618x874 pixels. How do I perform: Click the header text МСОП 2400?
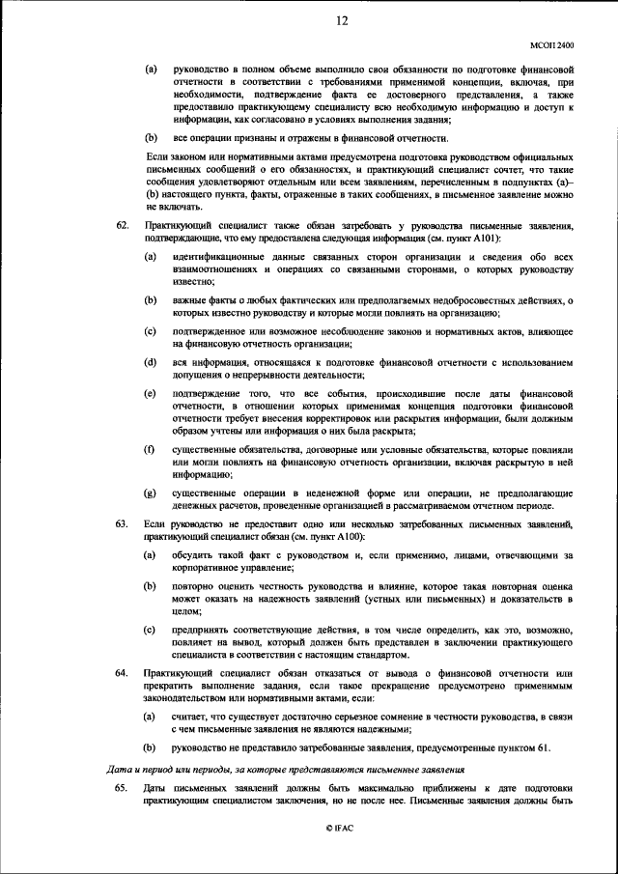[552, 44]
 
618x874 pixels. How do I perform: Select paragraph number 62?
[122, 226]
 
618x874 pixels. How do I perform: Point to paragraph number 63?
[122, 523]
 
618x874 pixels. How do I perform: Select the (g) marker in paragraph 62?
[150, 493]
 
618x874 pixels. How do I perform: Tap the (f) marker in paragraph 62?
[150, 450]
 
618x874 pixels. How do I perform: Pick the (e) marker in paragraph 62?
[150, 394]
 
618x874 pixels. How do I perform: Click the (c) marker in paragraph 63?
[150, 630]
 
